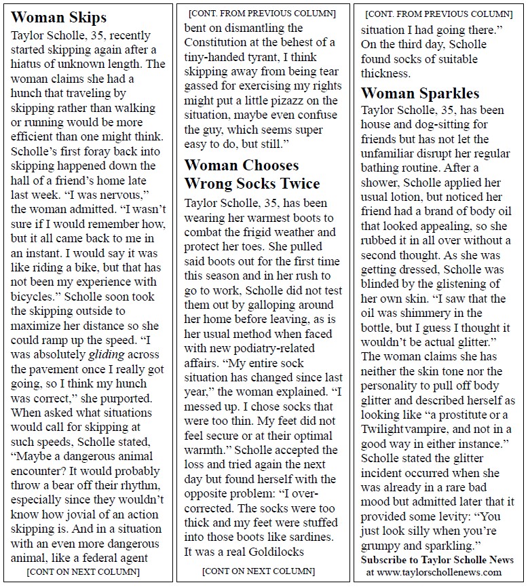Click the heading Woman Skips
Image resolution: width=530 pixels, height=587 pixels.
59,18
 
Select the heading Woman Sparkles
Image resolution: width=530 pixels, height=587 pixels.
420,93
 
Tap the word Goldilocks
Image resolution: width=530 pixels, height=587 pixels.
273,552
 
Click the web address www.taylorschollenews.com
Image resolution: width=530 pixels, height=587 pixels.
438,572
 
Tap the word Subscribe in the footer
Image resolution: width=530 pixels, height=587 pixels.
386,560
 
